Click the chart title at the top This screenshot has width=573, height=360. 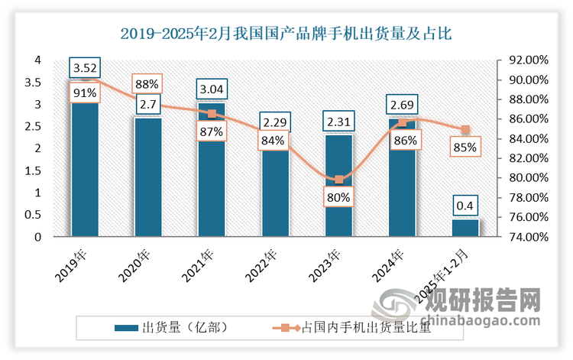click(x=286, y=32)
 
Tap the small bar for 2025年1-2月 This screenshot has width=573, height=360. click(x=465, y=228)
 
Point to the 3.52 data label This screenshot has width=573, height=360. click(x=85, y=68)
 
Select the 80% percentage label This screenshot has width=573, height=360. click(x=338, y=197)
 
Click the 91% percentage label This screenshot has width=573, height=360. click(x=85, y=93)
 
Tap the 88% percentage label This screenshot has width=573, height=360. click(x=147, y=83)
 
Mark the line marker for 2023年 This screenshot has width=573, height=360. click(x=338, y=180)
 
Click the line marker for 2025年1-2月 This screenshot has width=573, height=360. click(x=465, y=130)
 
